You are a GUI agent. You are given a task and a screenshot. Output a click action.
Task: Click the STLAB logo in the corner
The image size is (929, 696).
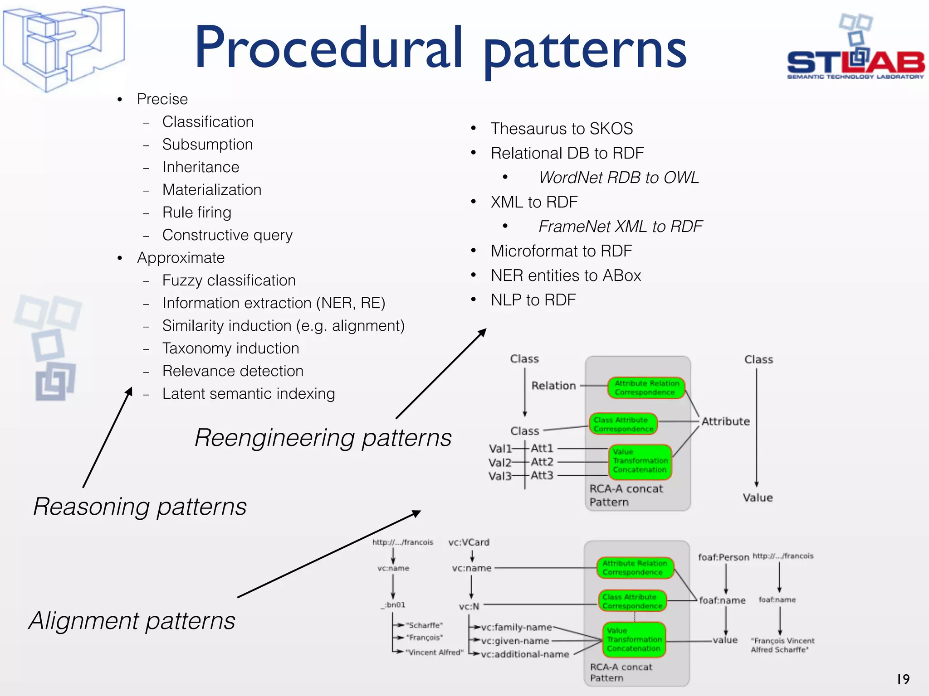(856, 50)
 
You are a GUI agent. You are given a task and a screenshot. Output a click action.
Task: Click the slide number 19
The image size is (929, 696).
(903, 679)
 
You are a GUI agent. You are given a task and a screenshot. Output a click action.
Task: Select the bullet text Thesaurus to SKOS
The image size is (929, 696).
(562, 129)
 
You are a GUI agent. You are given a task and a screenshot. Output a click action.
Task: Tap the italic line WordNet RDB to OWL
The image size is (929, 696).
(619, 178)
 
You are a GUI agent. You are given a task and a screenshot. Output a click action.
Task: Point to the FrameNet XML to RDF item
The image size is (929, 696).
(620, 227)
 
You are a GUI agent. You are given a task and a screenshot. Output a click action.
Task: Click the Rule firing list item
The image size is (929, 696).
(197, 213)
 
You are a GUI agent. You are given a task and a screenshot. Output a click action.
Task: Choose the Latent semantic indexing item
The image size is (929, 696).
(249, 394)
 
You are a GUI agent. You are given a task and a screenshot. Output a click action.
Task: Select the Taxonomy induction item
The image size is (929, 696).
(231, 348)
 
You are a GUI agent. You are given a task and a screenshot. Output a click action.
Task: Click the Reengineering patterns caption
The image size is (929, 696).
(323, 438)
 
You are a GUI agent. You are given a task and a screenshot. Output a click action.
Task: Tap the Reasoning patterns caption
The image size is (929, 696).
(140, 507)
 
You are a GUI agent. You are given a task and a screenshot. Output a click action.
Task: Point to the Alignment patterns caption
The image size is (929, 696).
(132, 621)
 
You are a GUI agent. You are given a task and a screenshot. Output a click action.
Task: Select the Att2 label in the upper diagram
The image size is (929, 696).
(542, 462)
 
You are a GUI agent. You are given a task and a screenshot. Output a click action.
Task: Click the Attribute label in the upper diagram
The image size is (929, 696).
(725, 421)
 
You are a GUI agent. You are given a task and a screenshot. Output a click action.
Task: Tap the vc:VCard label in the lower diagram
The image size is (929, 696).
(469, 542)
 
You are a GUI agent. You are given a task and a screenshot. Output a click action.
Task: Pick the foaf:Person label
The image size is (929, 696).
(724, 557)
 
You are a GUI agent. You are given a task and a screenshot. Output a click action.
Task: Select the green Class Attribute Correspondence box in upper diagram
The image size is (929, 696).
(623, 424)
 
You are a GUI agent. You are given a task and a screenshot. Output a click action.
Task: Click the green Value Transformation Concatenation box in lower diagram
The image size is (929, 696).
(634, 639)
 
